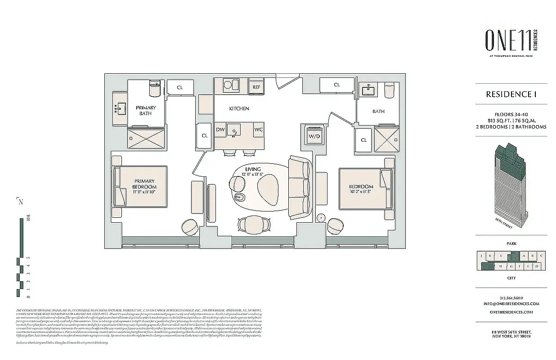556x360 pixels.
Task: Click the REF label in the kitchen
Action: pos(256,87)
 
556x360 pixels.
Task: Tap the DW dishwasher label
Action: pos(220,130)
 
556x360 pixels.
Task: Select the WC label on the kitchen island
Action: pos(258,130)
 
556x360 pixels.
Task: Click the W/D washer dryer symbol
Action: pos(314,135)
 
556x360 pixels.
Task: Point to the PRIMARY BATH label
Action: pos(146,111)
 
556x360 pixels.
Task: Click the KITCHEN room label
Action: pos(239,108)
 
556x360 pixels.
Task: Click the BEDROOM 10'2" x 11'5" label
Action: pos(361,189)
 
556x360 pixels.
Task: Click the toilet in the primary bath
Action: pos(154,88)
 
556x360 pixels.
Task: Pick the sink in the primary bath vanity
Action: pos(121,109)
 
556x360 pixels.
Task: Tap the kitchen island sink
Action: pos(235,131)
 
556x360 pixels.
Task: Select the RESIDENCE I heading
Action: pos(511,94)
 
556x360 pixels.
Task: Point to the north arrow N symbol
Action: pos(20,202)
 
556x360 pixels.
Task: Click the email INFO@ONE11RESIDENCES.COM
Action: pos(511,303)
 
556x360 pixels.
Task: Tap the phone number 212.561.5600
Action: pos(511,297)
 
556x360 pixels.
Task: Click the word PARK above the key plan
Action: pos(511,243)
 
